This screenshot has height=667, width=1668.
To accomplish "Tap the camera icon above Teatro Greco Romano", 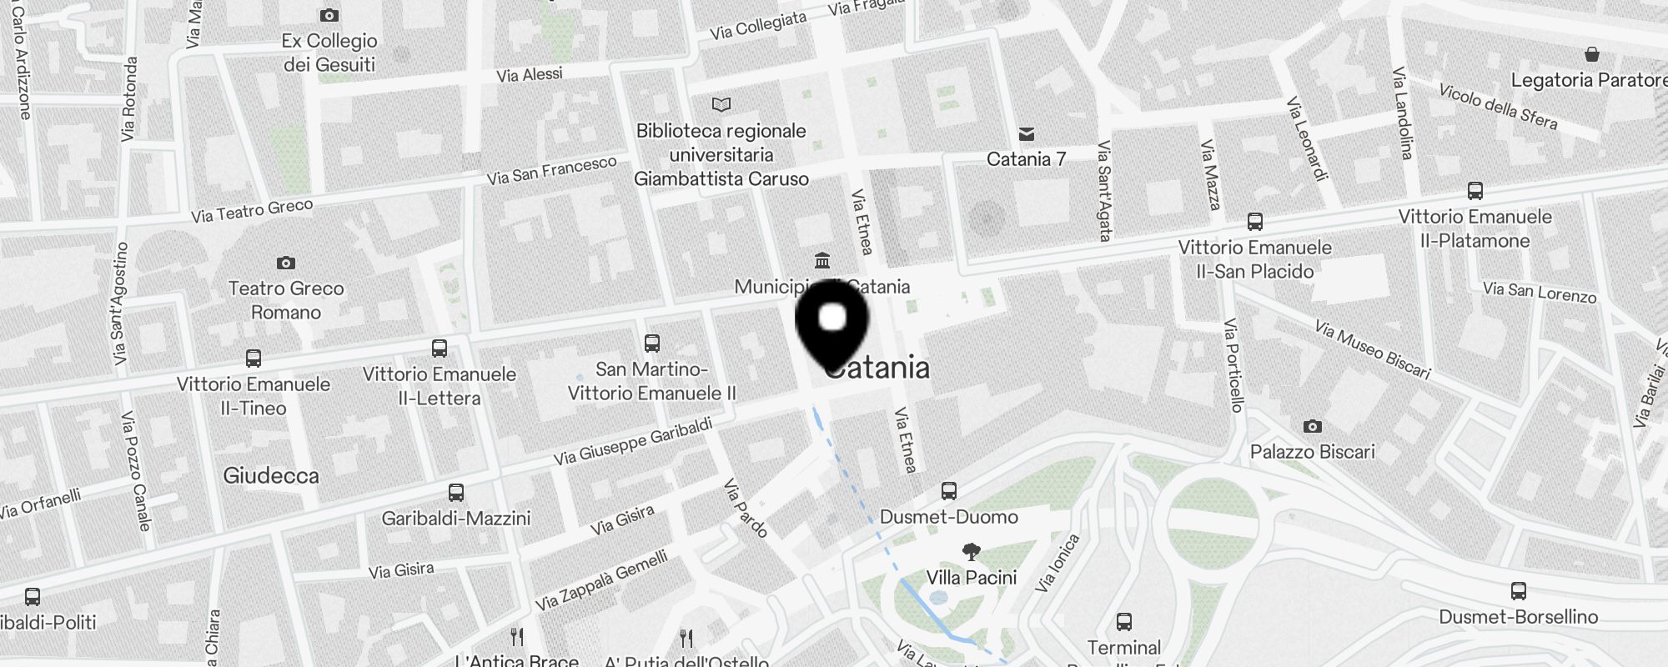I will [286, 263].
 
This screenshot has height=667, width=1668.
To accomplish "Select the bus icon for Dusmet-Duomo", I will [949, 490].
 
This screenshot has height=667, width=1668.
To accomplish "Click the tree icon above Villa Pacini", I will [971, 551].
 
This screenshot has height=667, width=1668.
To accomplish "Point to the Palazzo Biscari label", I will [1312, 452].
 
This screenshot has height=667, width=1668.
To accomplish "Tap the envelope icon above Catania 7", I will [1027, 134].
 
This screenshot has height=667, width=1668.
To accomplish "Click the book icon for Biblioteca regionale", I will [721, 105].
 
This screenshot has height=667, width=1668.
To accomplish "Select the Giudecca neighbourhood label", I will [271, 476].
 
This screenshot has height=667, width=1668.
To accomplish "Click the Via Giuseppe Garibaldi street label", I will [634, 442].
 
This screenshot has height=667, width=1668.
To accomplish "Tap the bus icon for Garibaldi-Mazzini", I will [456, 492].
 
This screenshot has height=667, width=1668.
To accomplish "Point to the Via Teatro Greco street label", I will [252, 211].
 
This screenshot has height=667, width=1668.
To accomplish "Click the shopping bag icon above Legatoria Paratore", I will [1592, 55].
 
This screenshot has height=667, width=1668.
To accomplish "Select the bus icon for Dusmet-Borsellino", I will [1519, 591].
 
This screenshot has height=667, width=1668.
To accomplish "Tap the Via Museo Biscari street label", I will [1372, 349].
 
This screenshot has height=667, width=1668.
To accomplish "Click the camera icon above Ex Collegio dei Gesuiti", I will [329, 15].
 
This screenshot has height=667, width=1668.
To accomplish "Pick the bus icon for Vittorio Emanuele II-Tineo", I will [254, 359].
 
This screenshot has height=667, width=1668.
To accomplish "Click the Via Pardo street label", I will [745, 508].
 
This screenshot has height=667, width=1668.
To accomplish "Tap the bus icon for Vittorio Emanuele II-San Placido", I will [1255, 222].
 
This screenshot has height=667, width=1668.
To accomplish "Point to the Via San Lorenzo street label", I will [1540, 292].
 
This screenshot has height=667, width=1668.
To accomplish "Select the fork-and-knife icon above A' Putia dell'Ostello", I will [686, 639].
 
